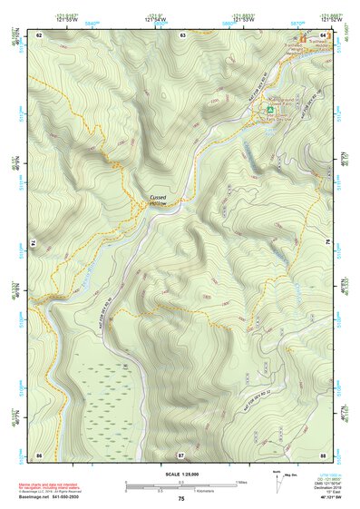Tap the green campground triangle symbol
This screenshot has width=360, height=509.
pos(269,110)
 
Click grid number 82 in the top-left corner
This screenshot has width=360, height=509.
pos(39,34)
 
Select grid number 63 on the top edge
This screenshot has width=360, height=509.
pos(182,34)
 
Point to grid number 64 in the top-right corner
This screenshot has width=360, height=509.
pos(323,34)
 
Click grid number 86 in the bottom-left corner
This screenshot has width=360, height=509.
pos(39,453)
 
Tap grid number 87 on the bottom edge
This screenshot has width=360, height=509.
pos(181,453)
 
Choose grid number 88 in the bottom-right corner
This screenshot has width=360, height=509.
pos(323,453)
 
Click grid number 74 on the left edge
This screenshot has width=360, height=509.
pos(34,244)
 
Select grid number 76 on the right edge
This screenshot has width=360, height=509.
pos(327,244)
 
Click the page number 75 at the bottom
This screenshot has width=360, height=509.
pos(181,499)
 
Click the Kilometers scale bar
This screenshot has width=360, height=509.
pos(180,489)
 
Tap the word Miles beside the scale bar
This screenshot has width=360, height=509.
pos(242,482)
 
